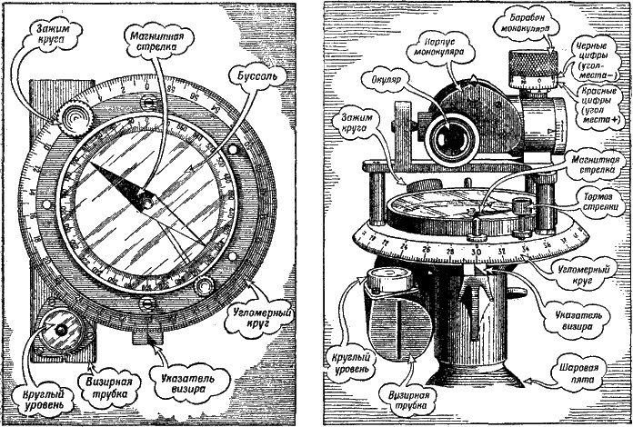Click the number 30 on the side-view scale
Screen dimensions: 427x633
click(x=477, y=250)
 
